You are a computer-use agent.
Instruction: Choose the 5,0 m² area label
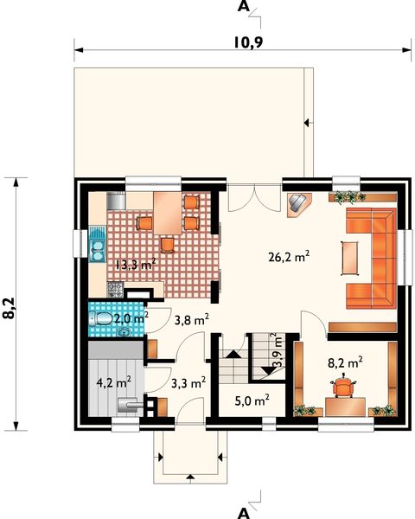(252, 400)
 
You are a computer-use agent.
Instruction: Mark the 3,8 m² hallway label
(191, 320)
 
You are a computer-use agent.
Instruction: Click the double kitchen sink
(96, 245)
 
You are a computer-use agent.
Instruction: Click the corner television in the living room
(298, 202)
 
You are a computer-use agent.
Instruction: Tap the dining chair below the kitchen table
(167, 244)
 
